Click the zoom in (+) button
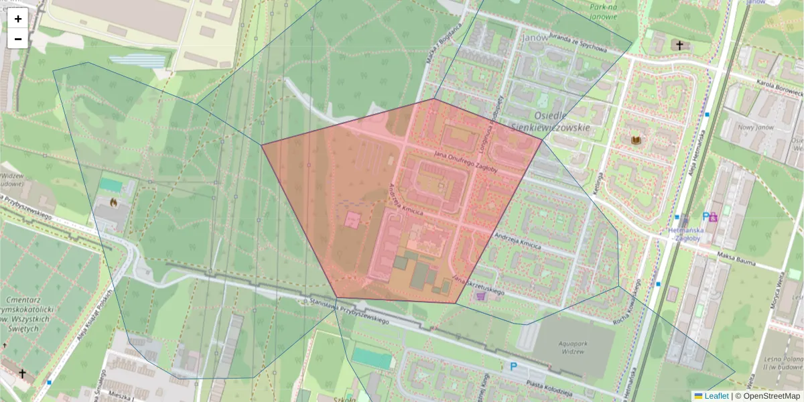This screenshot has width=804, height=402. point(18,19)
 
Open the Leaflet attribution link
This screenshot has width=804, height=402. point(716,396)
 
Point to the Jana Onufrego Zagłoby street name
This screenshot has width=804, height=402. point(466,162)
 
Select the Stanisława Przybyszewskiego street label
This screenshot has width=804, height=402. point(350,312)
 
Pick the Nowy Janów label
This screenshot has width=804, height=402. point(756,127)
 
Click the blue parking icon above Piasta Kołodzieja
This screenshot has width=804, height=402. point(514,366)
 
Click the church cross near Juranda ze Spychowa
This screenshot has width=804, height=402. point(679,46)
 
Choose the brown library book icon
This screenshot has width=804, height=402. point(636,140)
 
